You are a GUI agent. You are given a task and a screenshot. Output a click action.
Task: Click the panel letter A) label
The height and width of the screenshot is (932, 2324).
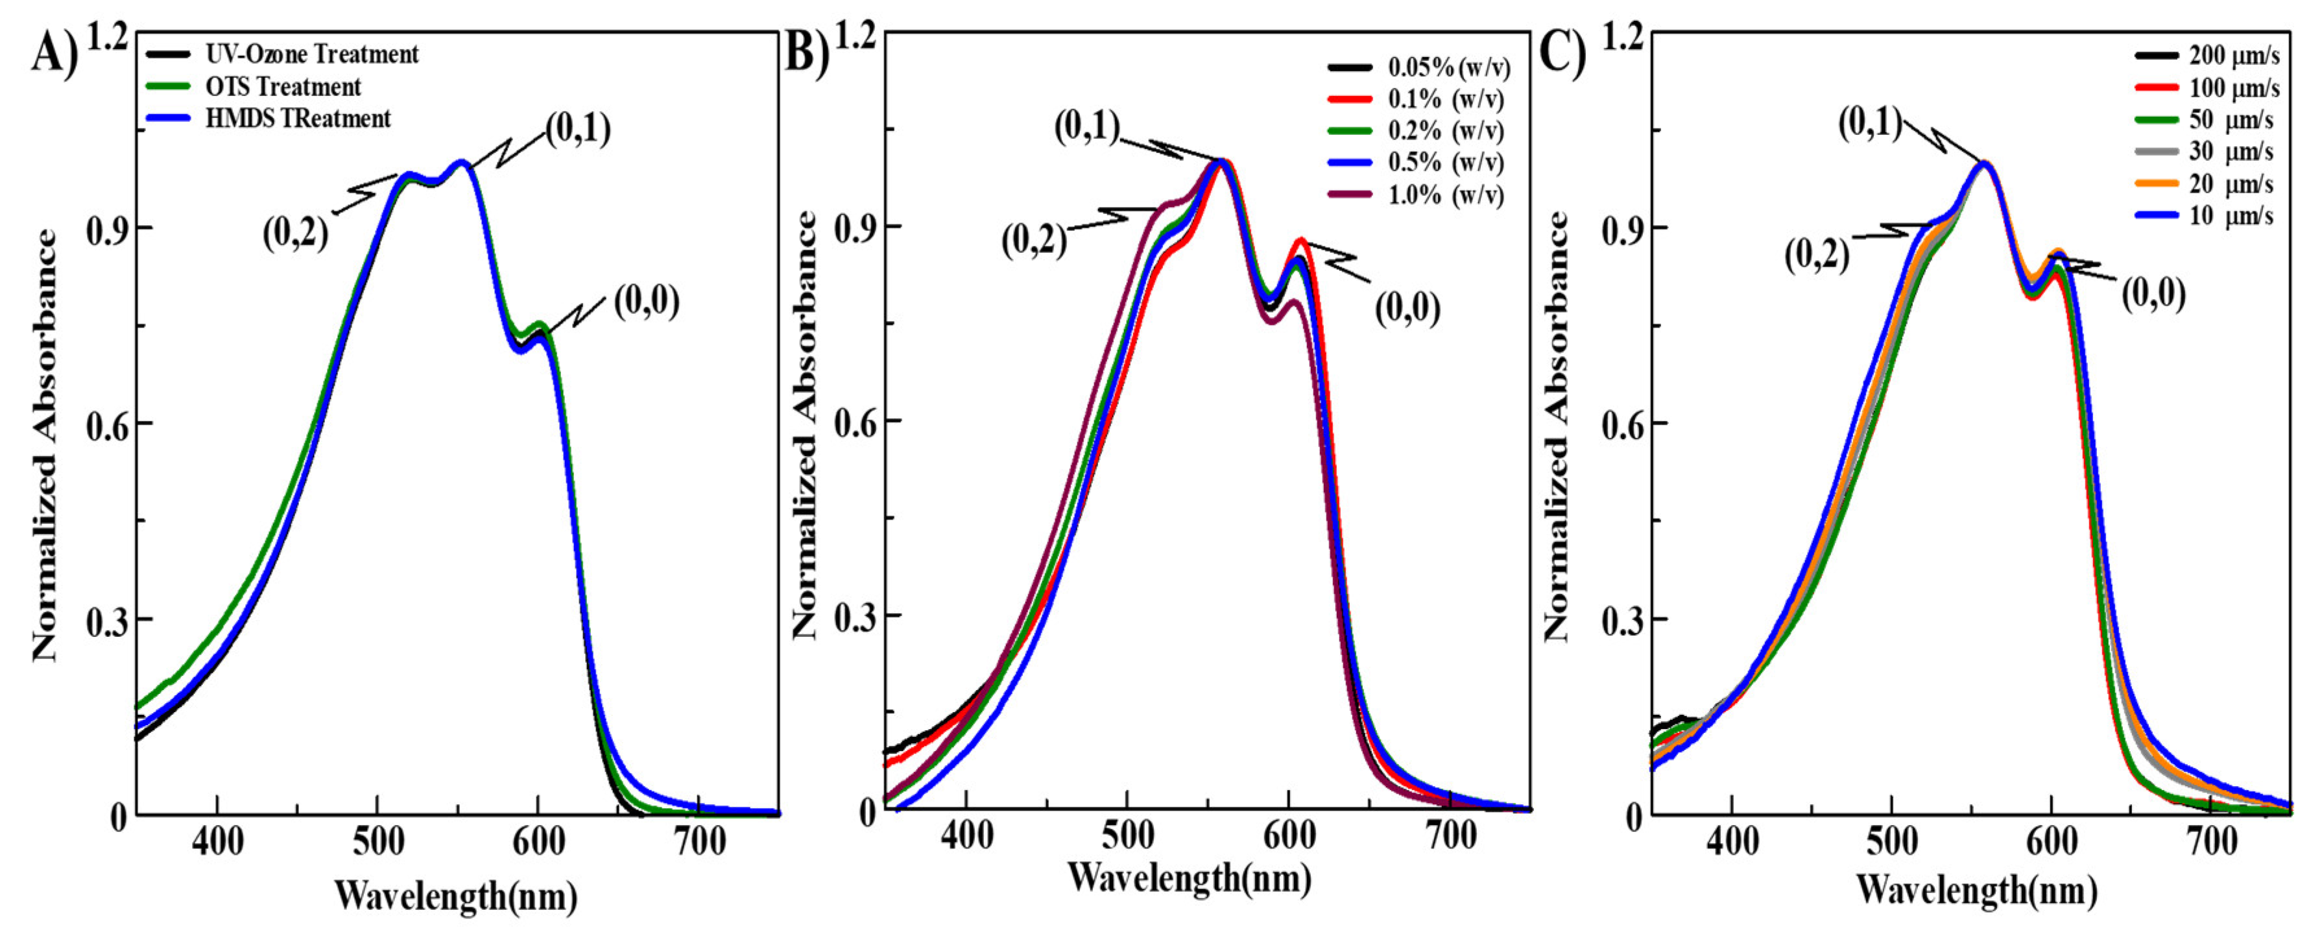pos(54,56)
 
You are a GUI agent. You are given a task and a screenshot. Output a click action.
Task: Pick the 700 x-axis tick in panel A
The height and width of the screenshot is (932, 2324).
pos(700,842)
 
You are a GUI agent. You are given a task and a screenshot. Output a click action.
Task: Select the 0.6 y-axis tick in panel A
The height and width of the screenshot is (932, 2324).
pos(106,424)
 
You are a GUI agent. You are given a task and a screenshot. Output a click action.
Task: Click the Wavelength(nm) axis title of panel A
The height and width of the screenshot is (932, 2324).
pos(455,896)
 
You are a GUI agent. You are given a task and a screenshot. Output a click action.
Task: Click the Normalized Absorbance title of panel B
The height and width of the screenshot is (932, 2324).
pos(806,424)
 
